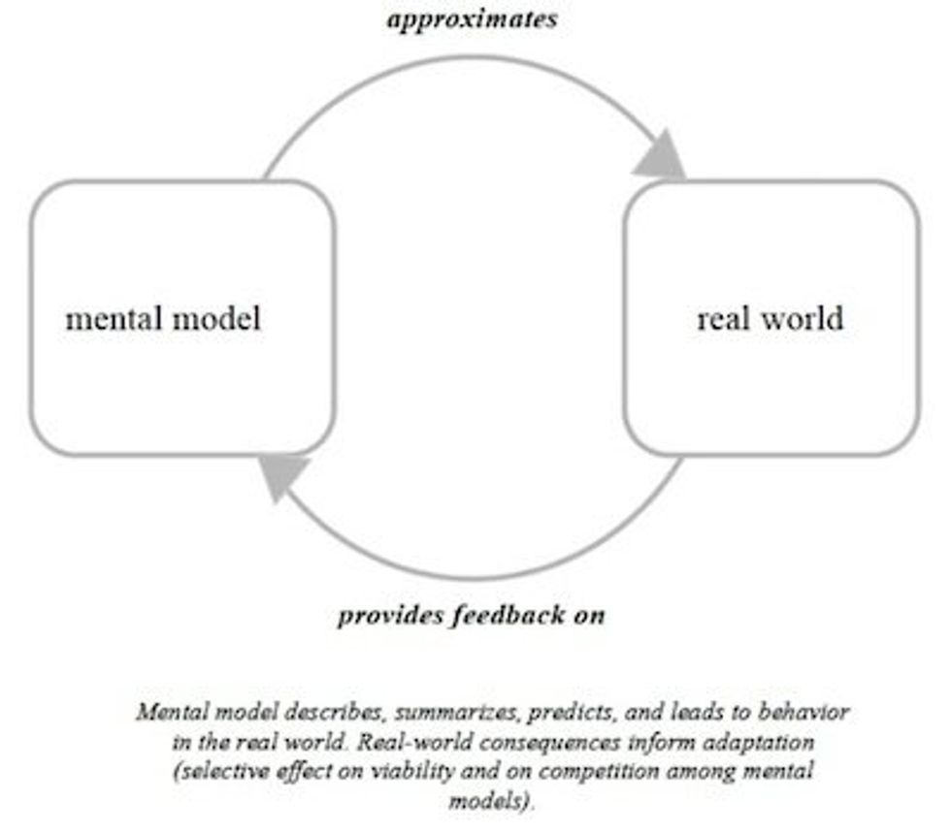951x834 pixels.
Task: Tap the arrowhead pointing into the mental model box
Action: [282, 476]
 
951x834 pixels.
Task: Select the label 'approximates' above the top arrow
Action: [473, 19]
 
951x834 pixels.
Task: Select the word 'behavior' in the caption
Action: [809, 713]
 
